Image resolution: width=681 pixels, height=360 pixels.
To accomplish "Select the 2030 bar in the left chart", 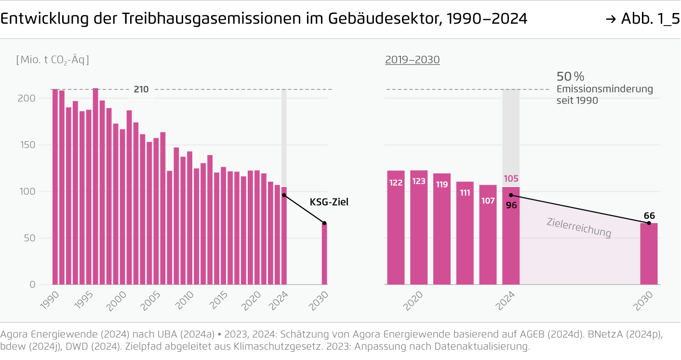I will (x=324, y=254).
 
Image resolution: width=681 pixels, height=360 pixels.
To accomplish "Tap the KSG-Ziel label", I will (x=329, y=202).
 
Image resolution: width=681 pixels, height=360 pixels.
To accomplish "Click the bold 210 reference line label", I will (x=141, y=89).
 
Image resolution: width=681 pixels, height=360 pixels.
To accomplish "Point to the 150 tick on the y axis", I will (x=29, y=145).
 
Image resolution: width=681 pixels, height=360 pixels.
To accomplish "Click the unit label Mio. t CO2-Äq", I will (x=53, y=60).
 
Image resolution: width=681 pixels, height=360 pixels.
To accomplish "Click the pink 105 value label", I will (x=511, y=179).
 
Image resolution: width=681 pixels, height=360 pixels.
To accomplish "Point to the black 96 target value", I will (x=511, y=204).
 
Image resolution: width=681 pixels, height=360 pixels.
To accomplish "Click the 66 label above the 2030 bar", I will (x=649, y=215).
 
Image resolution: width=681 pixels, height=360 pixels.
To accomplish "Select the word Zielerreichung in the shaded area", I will (x=579, y=227).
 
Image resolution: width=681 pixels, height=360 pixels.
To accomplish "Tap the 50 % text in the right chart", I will (x=570, y=77).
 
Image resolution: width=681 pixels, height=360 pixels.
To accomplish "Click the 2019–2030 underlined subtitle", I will (x=412, y=60).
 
